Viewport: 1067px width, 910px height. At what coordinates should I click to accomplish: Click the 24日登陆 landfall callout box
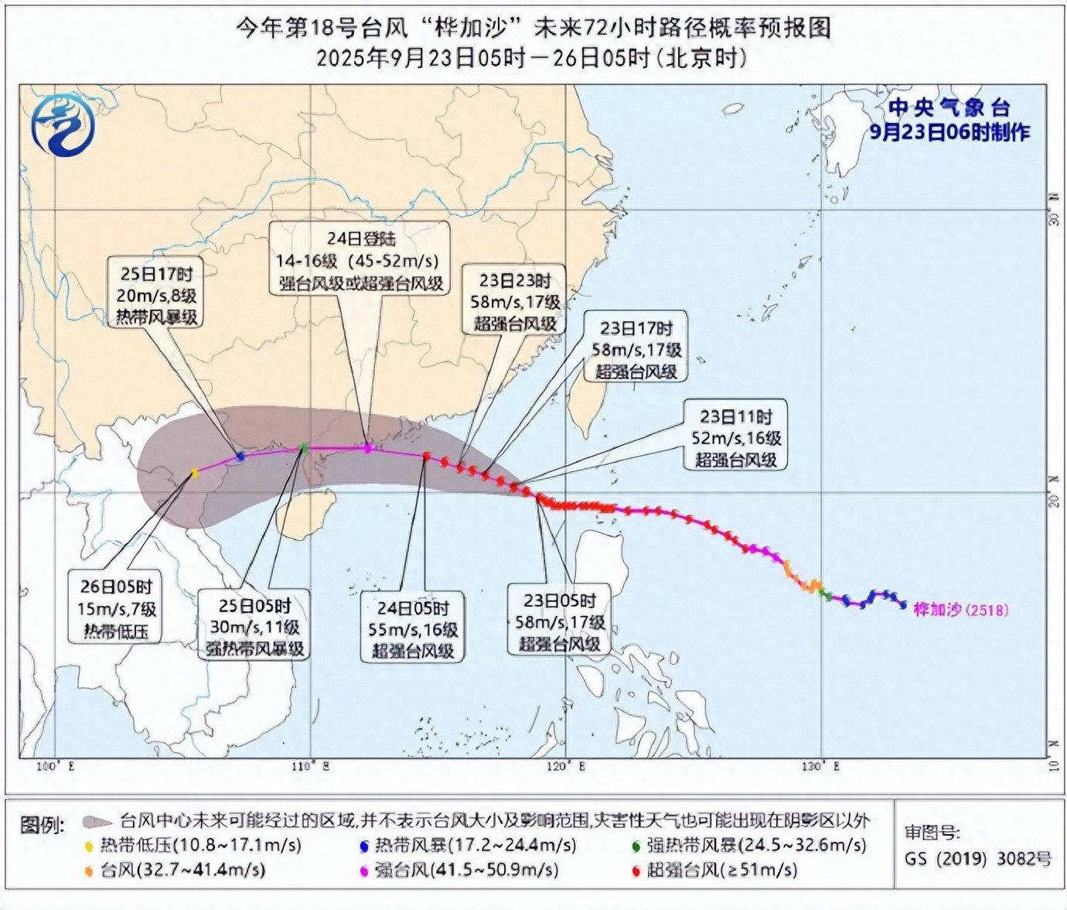(x=360, y=259)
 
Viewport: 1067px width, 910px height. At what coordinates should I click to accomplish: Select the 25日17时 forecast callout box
(x=157, y=295)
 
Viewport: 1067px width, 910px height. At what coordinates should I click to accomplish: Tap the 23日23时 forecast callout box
(x=515, y=301)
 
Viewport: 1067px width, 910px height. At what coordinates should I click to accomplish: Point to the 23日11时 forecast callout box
(x=736, y=437)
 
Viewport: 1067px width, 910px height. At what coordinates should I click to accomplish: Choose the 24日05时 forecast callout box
(x=413, y=628)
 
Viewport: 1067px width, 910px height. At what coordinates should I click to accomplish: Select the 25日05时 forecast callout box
(x=254, y=626)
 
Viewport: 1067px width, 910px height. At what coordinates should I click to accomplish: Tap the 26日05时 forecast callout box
(x=117, y=609)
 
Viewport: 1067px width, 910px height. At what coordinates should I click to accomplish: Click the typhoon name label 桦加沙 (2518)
(x=961, y=610)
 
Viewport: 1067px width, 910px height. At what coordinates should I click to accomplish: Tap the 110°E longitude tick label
(x=311, y=766)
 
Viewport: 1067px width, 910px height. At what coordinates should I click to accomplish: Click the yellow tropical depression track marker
(x=195, y=473)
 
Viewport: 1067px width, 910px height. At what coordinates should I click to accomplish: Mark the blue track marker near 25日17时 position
(x=240, y=457)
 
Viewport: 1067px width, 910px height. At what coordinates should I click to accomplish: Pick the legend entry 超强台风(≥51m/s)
(x=714, y=871)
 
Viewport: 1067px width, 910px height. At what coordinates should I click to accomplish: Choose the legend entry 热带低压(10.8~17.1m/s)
(x=193, y=845)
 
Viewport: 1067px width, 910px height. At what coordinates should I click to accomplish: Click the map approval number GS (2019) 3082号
(x=978, y=858)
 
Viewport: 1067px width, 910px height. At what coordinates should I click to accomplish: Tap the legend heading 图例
(x=42, y=825)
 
